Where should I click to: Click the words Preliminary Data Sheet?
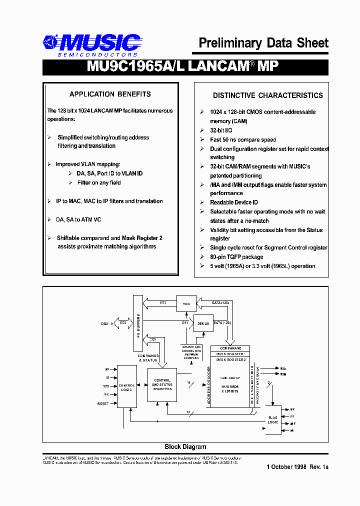point(263,43)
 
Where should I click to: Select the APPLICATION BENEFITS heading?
point(110,94)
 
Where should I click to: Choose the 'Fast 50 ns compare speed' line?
point(243,140)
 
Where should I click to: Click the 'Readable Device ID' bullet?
point(234,202)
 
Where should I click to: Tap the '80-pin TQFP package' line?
point(236,257)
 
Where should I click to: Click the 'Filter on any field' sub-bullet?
point(99,183)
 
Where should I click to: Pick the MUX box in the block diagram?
point(186,303)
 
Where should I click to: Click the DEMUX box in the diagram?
point(203,323)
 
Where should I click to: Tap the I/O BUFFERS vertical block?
point(137,322)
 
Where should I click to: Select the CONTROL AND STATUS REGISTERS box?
point(162,385)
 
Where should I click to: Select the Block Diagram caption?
point(185,447)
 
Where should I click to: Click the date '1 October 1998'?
point(286,467)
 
